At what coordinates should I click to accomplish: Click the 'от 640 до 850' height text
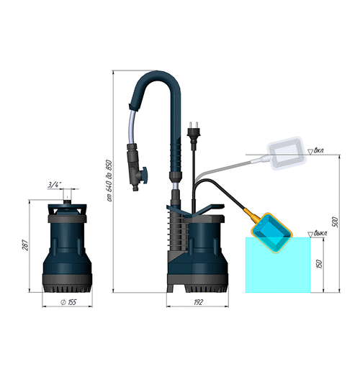pyautogui.click(x=109, y=180)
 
